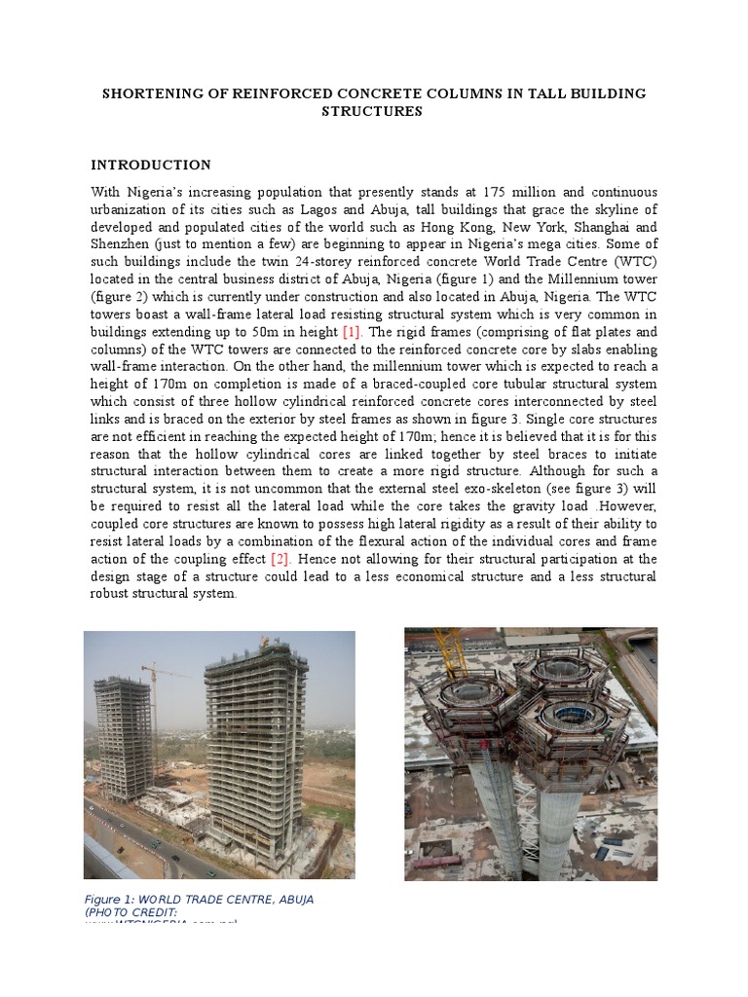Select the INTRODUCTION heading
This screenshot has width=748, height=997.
coord(151,165)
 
